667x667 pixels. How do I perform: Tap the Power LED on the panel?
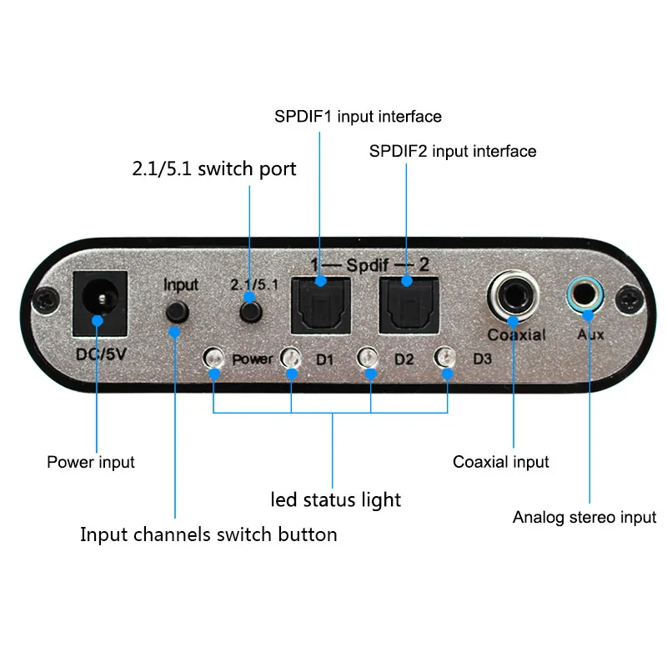[x=214, y=359]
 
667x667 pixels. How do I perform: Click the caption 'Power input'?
[x=90, y=461]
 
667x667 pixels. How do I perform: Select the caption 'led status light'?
[x=336, y=500]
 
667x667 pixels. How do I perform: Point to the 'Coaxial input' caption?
[x=500, y=461]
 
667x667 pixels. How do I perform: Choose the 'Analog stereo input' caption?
[x=584, y=518]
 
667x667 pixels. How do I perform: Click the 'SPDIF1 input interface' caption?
[x=358, y=116]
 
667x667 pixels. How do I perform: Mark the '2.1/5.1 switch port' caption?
[x=214, y=168]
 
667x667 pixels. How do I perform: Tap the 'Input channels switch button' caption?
[x=208, y=534]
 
